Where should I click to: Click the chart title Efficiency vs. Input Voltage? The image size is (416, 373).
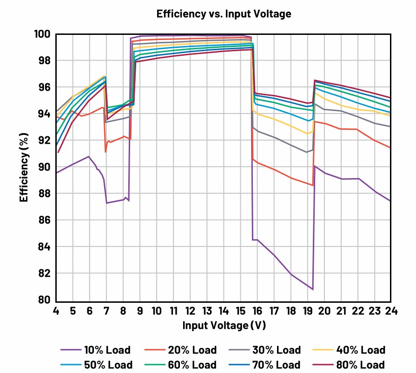(224, 14)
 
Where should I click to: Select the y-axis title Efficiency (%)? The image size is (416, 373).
(24, 167)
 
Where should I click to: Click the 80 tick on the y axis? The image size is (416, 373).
(44, 300)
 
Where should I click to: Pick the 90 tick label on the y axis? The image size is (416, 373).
(44, 167)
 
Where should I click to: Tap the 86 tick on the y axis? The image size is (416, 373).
(44, 220)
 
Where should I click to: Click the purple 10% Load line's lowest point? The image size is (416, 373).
(312, 289)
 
